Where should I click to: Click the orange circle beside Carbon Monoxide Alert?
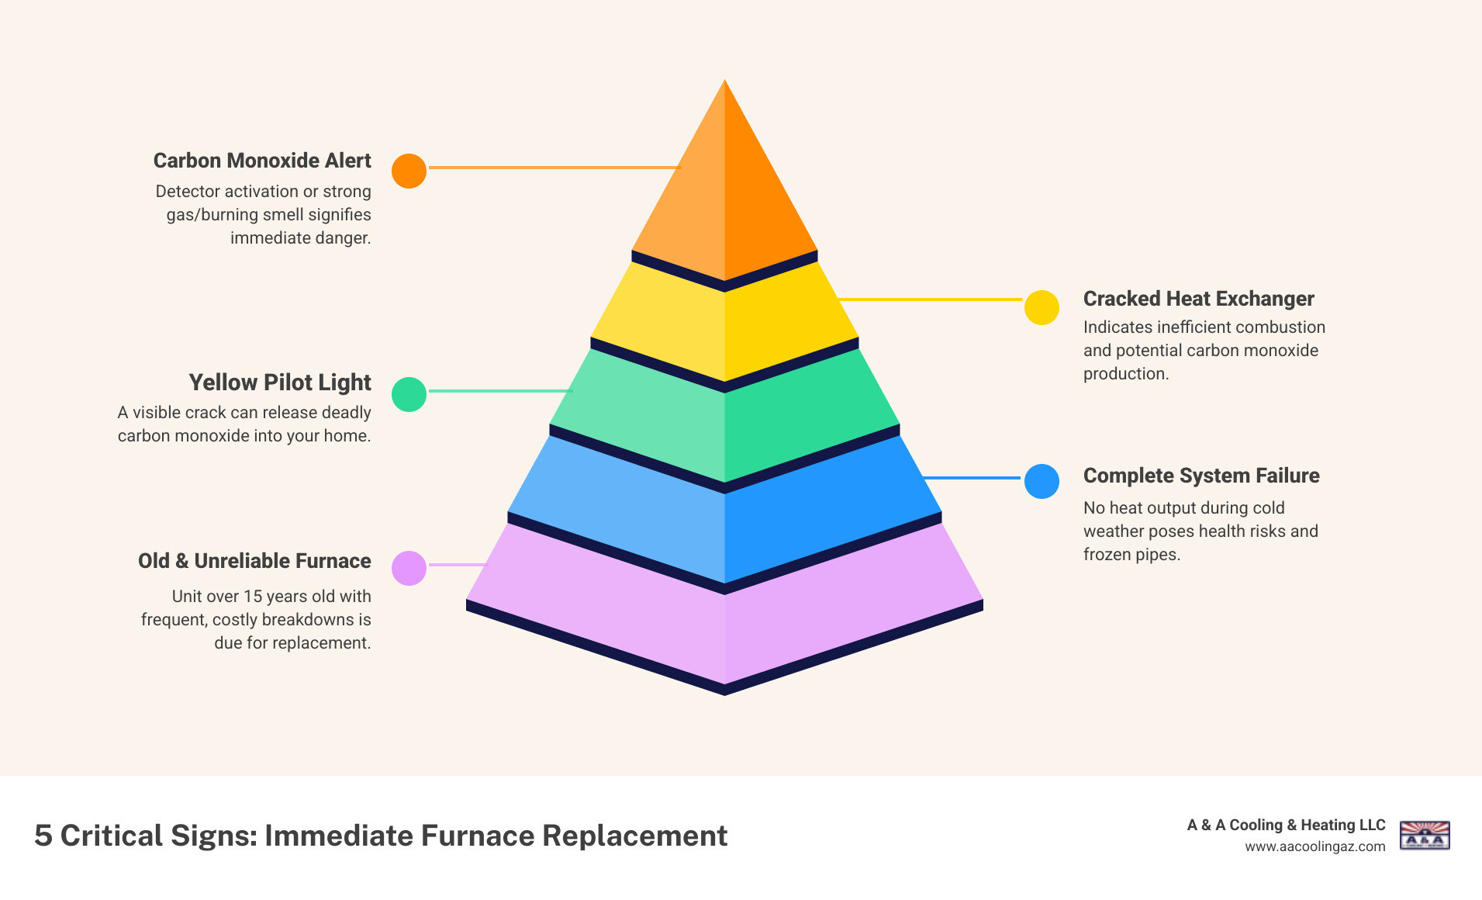[x=409, y=171]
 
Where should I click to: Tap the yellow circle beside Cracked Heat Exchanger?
[x=1042, y=308]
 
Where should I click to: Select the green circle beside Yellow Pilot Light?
[x=409, y=394]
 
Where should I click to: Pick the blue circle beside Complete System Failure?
[x=1042, y=481]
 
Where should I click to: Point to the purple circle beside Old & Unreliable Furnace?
[x=409, y=568]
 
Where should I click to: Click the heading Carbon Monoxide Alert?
[x=262, y=161]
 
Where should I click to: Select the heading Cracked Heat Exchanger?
[x=1198, y=299]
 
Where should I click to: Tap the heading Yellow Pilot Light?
[x=280, y=382]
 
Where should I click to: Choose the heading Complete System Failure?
[x=1201, y=476]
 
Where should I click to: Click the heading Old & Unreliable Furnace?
[x=254, y=561]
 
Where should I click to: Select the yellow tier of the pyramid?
[x=724, y=326]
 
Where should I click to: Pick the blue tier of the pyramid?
[x=724, y=520]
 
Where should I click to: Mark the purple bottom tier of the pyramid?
[x=724, y=621]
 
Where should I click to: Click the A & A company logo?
[x=1425, y=836]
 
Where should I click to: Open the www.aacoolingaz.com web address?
[x=1314, y=846]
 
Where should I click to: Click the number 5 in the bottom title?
[x=43, y=836]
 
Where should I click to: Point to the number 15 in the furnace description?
[x=253, y=597]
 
